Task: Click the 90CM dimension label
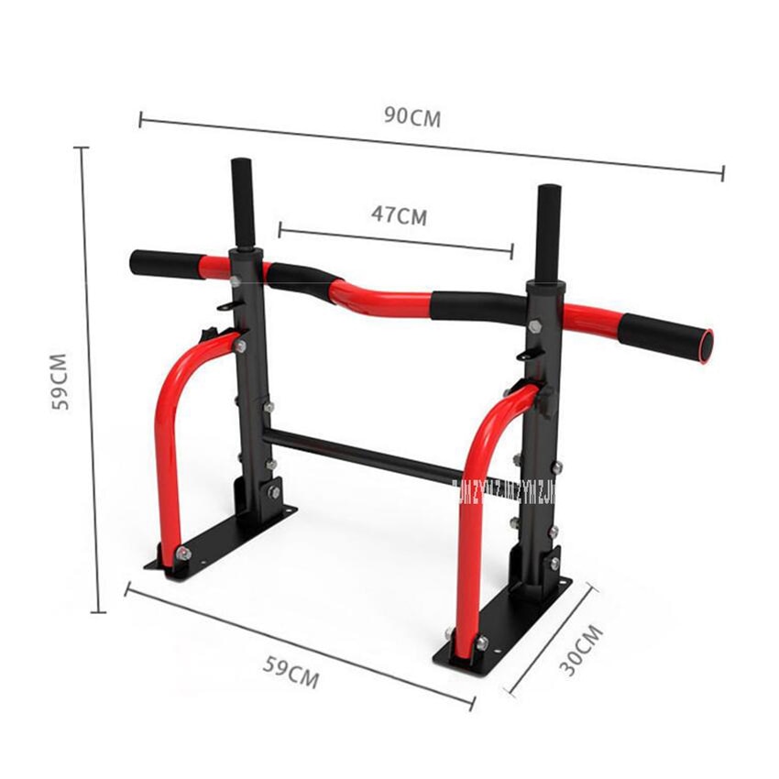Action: pos(412,117)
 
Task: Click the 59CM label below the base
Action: pos(291,674)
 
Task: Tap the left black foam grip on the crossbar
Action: pos(165,263)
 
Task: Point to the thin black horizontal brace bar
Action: pos(367,453)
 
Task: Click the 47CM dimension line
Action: pos(394,236)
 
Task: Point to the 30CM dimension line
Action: pos(550,642)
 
